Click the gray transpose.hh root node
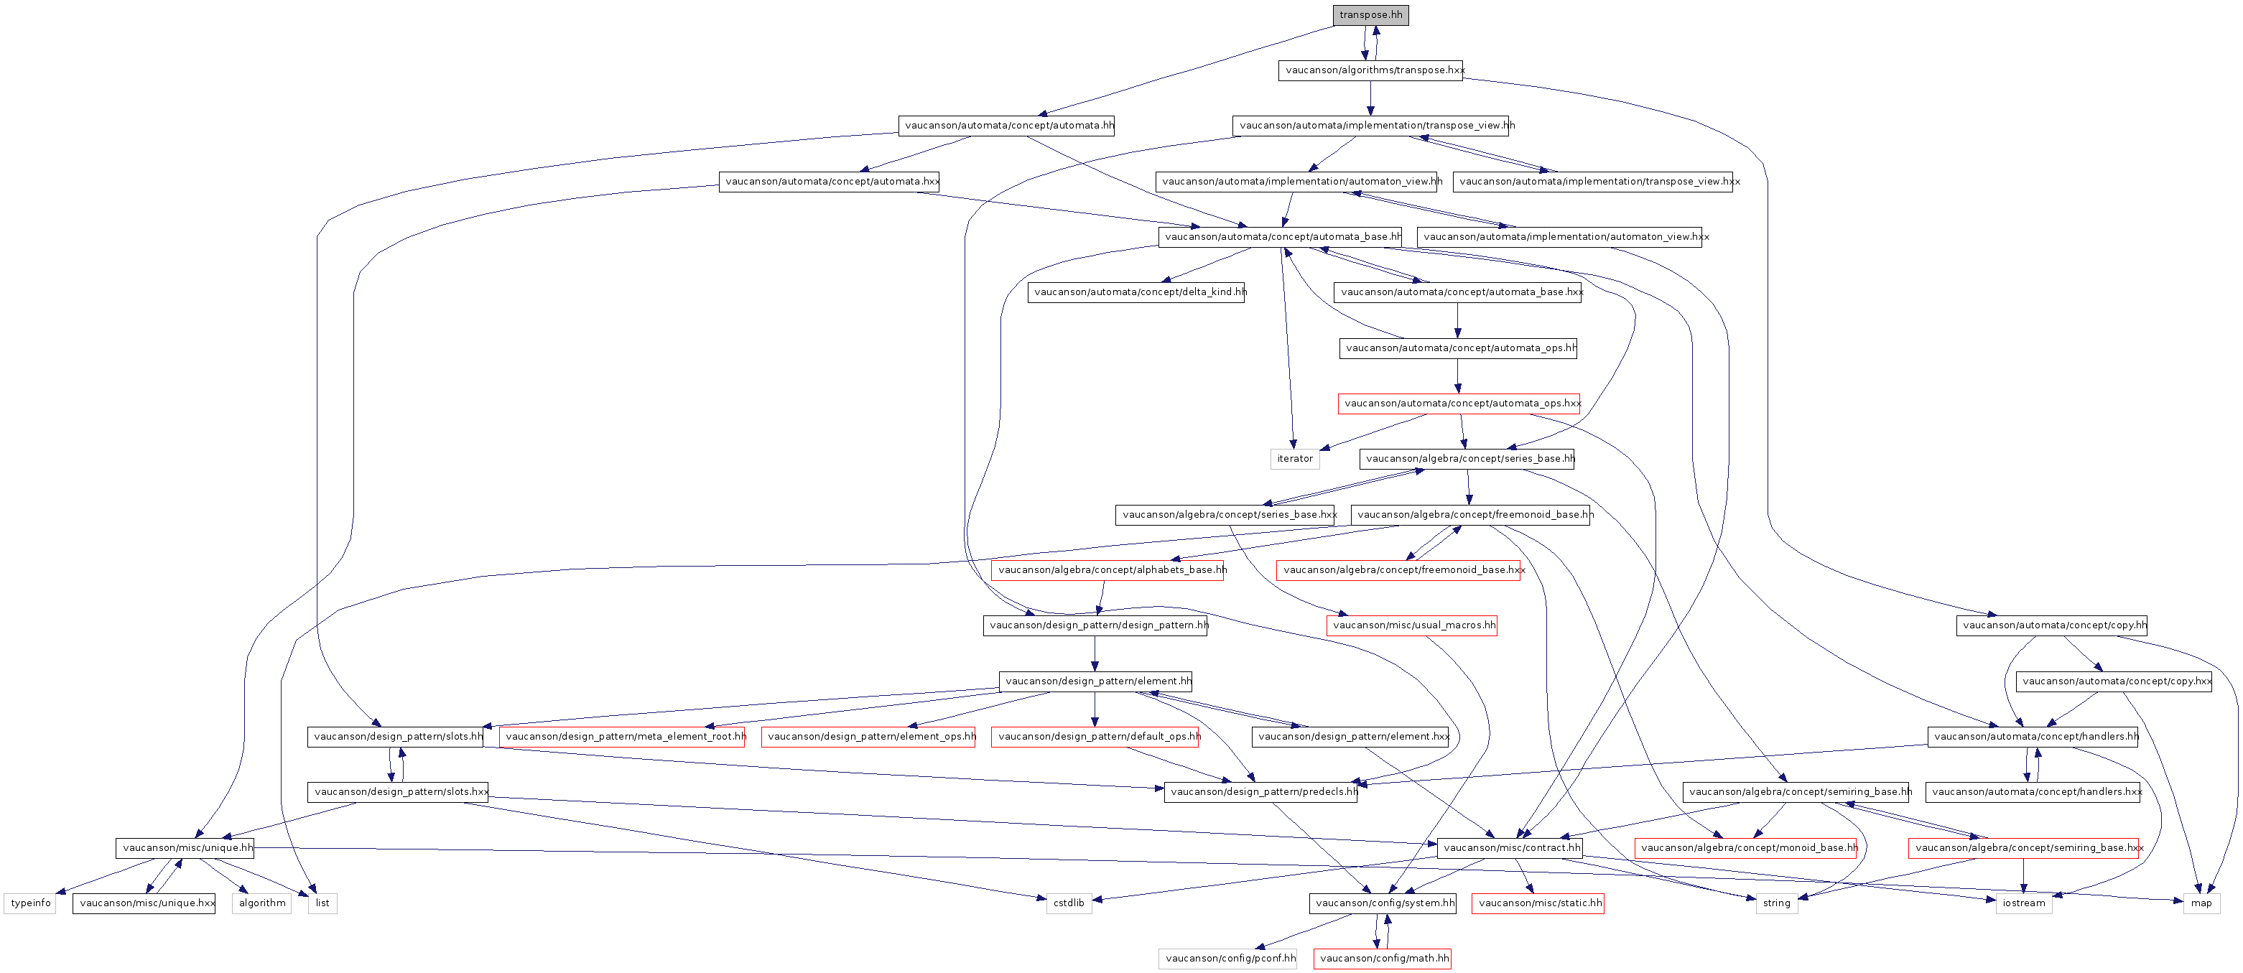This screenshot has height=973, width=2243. coord(1370,15)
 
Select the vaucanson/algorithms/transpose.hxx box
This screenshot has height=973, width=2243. coord(1370,70)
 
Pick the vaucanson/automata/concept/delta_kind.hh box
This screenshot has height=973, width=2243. coord(1136,292)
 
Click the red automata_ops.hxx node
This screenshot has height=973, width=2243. coord(1459,404)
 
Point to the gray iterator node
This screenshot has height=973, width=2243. coord(1294,459)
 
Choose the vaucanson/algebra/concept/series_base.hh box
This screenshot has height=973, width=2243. coord(1467,459)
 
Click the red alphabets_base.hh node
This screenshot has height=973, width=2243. coord(1107,570)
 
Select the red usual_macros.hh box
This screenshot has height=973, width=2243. coord(1411,625)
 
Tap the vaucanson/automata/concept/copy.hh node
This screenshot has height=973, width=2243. coord(2051,625)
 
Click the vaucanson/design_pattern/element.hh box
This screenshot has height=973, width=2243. coord(1095,681)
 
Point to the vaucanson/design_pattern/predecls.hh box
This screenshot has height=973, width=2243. coord(1260,792)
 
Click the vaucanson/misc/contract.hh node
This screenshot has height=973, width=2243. coord(1509,847)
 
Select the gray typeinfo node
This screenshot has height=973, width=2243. coord(30,903)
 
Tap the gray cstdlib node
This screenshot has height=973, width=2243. coord(1069,903)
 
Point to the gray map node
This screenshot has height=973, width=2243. coord(2201,903)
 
